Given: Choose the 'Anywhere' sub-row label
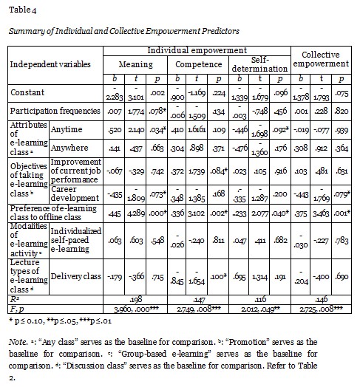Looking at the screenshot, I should (x=67, y=146).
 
